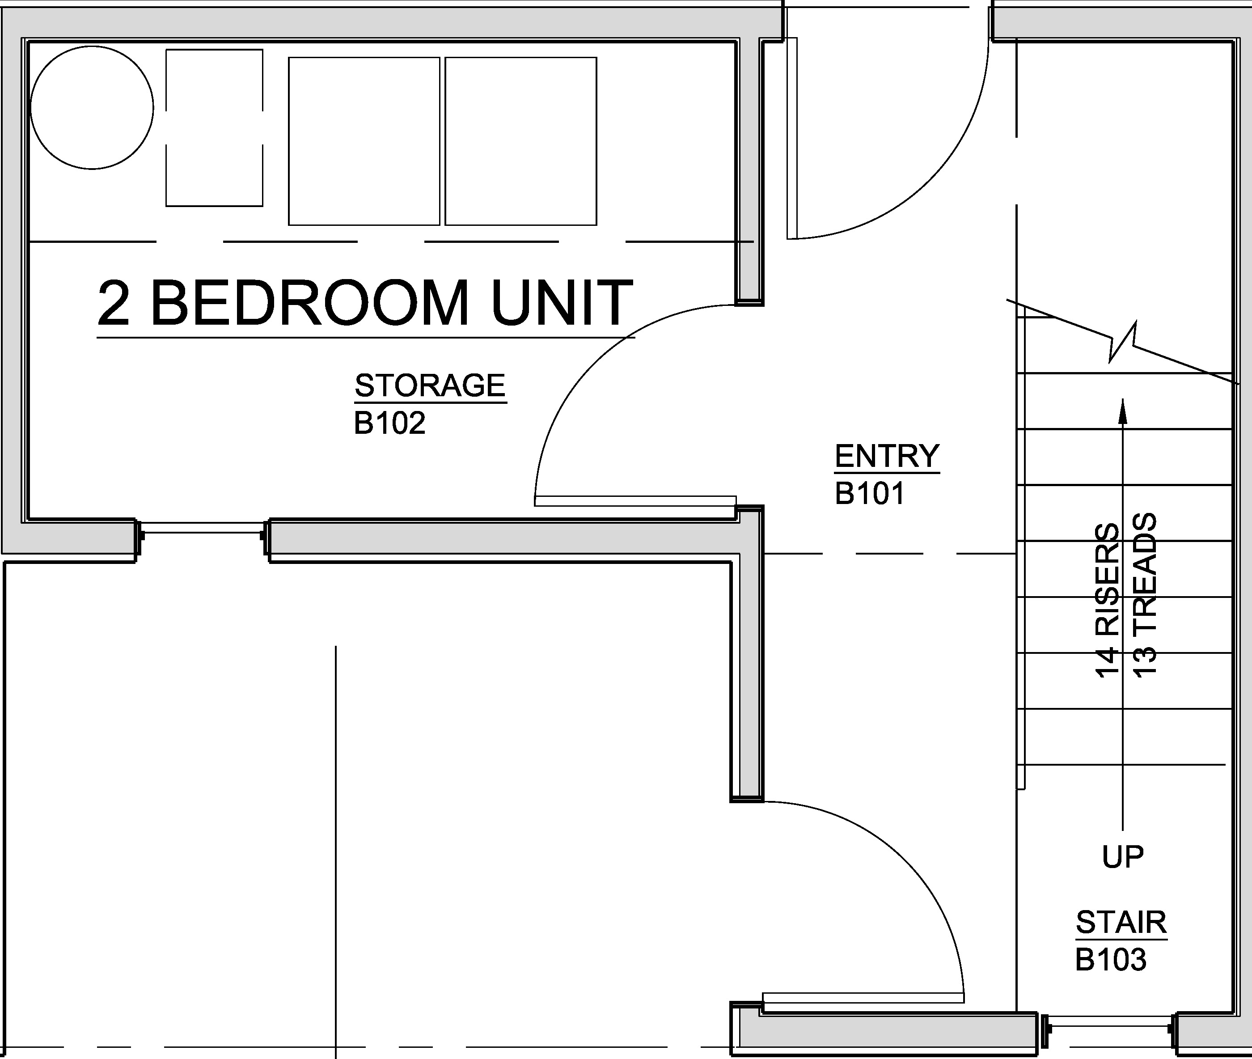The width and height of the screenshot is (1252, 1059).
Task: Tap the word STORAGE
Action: (430, 385)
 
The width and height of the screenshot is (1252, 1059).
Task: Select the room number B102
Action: (389, 423)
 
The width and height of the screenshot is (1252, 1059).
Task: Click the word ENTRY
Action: (887, 456)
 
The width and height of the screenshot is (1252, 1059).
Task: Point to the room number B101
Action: (870, 493)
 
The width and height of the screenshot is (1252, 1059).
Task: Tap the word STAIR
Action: (1121, 922)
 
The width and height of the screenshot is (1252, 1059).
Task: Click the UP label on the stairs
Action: (1122, 857)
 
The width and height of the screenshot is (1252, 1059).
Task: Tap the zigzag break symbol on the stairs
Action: (1122, 342)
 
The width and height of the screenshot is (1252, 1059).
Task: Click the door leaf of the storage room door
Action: (635, 501)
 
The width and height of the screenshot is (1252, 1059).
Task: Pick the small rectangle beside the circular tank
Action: (214, 128)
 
